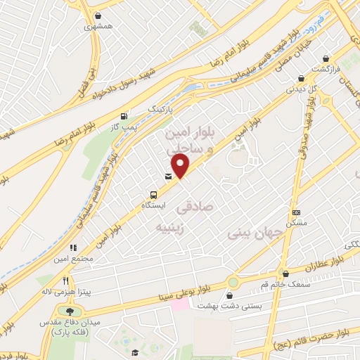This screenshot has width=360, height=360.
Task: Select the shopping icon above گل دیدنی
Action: (301, 78)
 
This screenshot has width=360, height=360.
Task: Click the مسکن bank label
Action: (295, 223)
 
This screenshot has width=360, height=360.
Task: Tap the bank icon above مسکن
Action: (296, 212)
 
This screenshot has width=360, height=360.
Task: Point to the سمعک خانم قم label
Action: (285, 284)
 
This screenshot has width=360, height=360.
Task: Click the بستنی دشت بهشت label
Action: (232, 306)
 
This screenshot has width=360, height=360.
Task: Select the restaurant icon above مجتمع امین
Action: (72, 247)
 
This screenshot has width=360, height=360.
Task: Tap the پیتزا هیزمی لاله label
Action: (72, 291)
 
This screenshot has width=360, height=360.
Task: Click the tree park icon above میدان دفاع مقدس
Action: (70, 311)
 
